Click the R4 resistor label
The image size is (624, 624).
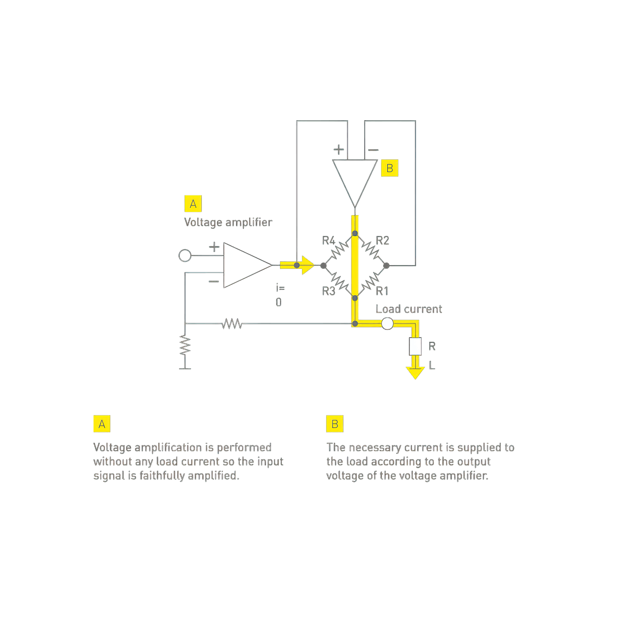click(x=328, y=241)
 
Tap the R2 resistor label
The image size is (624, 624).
click(x=382, y=241)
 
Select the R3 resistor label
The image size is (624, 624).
click(x=328, y=291)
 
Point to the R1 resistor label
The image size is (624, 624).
click(x=382, y=291)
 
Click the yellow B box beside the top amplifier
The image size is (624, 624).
click(x=390, y=168)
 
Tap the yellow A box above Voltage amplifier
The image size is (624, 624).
click(x=193, y=204)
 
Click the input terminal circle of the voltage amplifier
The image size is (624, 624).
click(x=185, y=256)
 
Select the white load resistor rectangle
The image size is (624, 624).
click(x=415, y=346)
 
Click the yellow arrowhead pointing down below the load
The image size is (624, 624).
click(x=415, y=373)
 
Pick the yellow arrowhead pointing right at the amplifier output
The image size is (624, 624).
click(x=308, y=265)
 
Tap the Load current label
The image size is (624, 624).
click(x=409, y=309)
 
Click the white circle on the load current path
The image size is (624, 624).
click(x=387, y=324)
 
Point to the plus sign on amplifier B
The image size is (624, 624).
click(x=338, y=150)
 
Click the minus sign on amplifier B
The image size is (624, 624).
click(x=373, y=150)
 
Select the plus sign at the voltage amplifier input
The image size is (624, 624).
click(x=214, y=247)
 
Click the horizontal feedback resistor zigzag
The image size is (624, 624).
click(x=232, y=324)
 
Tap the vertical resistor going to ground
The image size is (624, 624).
click(x=185, y=346)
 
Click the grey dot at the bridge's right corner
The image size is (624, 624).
click(x=386, y=265)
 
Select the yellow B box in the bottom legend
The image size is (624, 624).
click(x=335, y=424)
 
